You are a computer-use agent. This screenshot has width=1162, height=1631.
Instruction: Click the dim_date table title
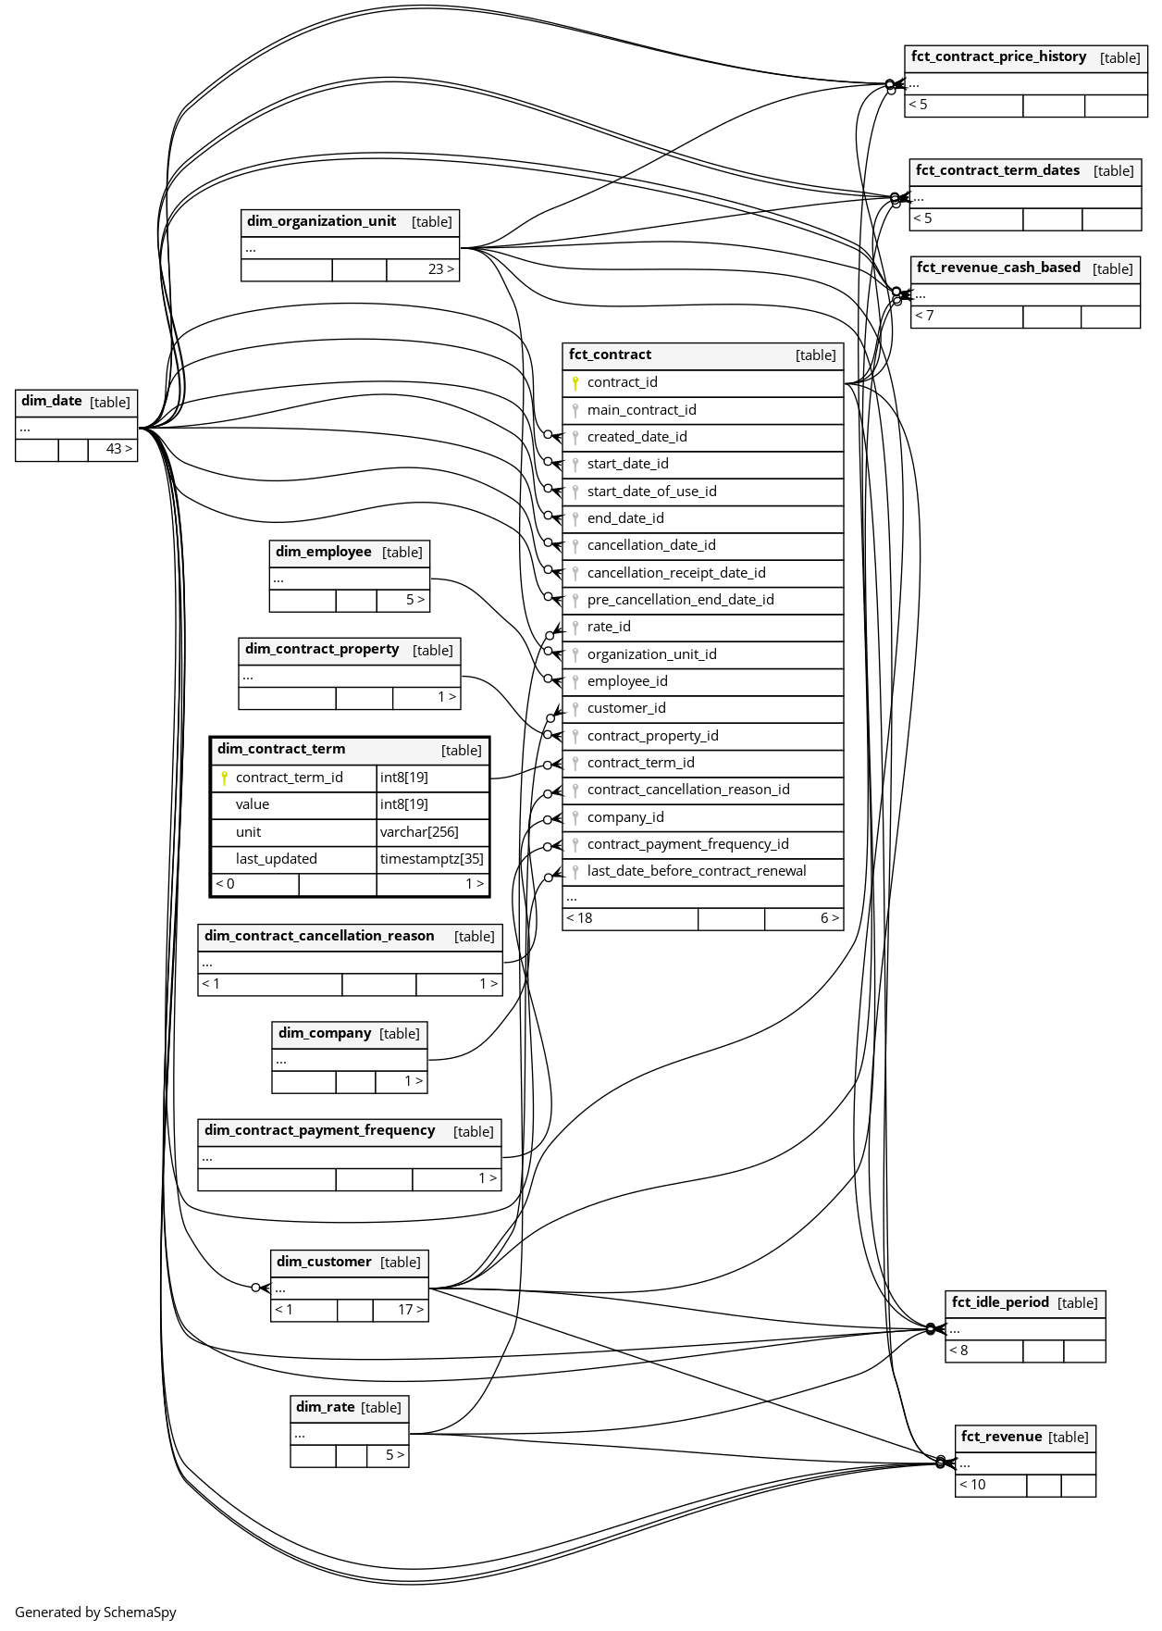coord(52,401)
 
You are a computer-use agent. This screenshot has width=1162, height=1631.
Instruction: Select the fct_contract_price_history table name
coord(998,56)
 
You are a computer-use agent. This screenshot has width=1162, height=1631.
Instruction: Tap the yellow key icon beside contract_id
coord(575,382)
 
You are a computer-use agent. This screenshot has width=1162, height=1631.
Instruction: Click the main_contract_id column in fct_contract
coord(641,410)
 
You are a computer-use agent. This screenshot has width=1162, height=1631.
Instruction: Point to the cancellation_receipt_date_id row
coord(676,573)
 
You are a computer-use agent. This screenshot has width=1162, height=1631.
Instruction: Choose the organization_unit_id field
coord(651,654)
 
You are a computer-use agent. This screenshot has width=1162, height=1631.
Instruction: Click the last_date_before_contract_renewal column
coord(697,871)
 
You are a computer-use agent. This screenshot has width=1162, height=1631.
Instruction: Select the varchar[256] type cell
coord(419,832)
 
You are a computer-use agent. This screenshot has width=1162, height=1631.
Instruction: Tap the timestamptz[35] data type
coord(431,859)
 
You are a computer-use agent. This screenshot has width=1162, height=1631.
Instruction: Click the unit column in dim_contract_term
coord(249,832)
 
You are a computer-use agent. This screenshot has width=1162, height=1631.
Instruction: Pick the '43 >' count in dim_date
coord(118,449)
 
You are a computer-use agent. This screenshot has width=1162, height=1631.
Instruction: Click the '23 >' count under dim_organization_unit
coord(440,269)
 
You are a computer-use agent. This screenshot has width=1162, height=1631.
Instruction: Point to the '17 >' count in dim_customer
coord(411,1310)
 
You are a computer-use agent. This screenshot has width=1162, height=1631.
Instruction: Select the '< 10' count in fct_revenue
coord(972,1485)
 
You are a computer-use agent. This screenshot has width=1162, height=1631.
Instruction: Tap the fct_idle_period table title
coord(1000,1302)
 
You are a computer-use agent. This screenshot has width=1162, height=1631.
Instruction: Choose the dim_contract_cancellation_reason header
coord(319,936)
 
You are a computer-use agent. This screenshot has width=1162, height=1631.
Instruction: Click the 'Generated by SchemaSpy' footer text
coord(95,1612)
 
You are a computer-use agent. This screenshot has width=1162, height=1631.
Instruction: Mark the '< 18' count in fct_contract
coord(580,918)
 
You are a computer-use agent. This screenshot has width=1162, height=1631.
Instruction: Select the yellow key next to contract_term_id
coord(224,778)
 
